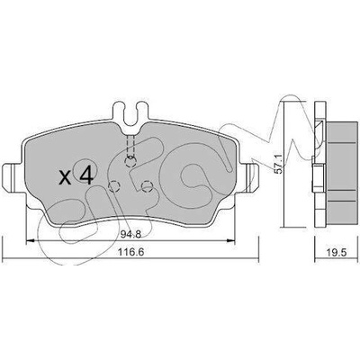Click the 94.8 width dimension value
(x=130, y=235)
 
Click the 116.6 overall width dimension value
(x=130, y=252)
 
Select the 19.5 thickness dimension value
(x=337, y=252)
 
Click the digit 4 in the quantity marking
(x=86, y=175)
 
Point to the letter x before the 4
(x=65, y=177)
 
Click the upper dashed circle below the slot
(x=130, y=162)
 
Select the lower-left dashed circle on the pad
(x=113, y=186)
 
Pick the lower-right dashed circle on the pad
(x=147, y=186)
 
